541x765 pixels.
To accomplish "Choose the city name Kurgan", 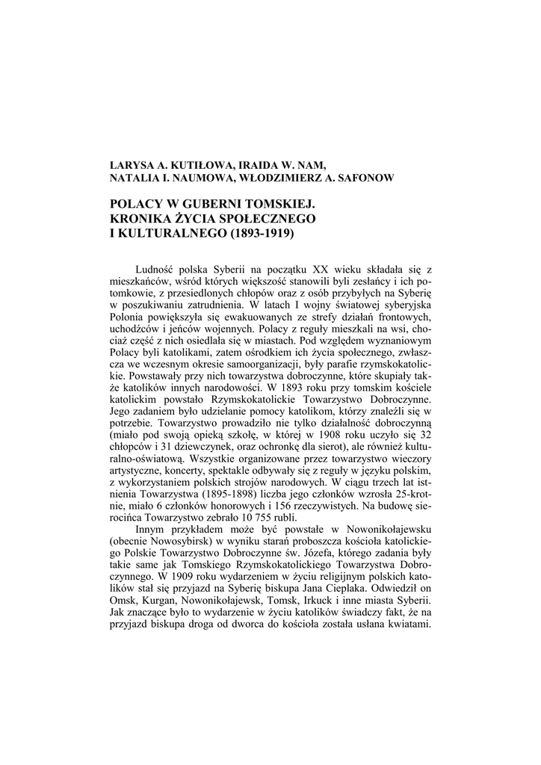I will coord(160,602).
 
